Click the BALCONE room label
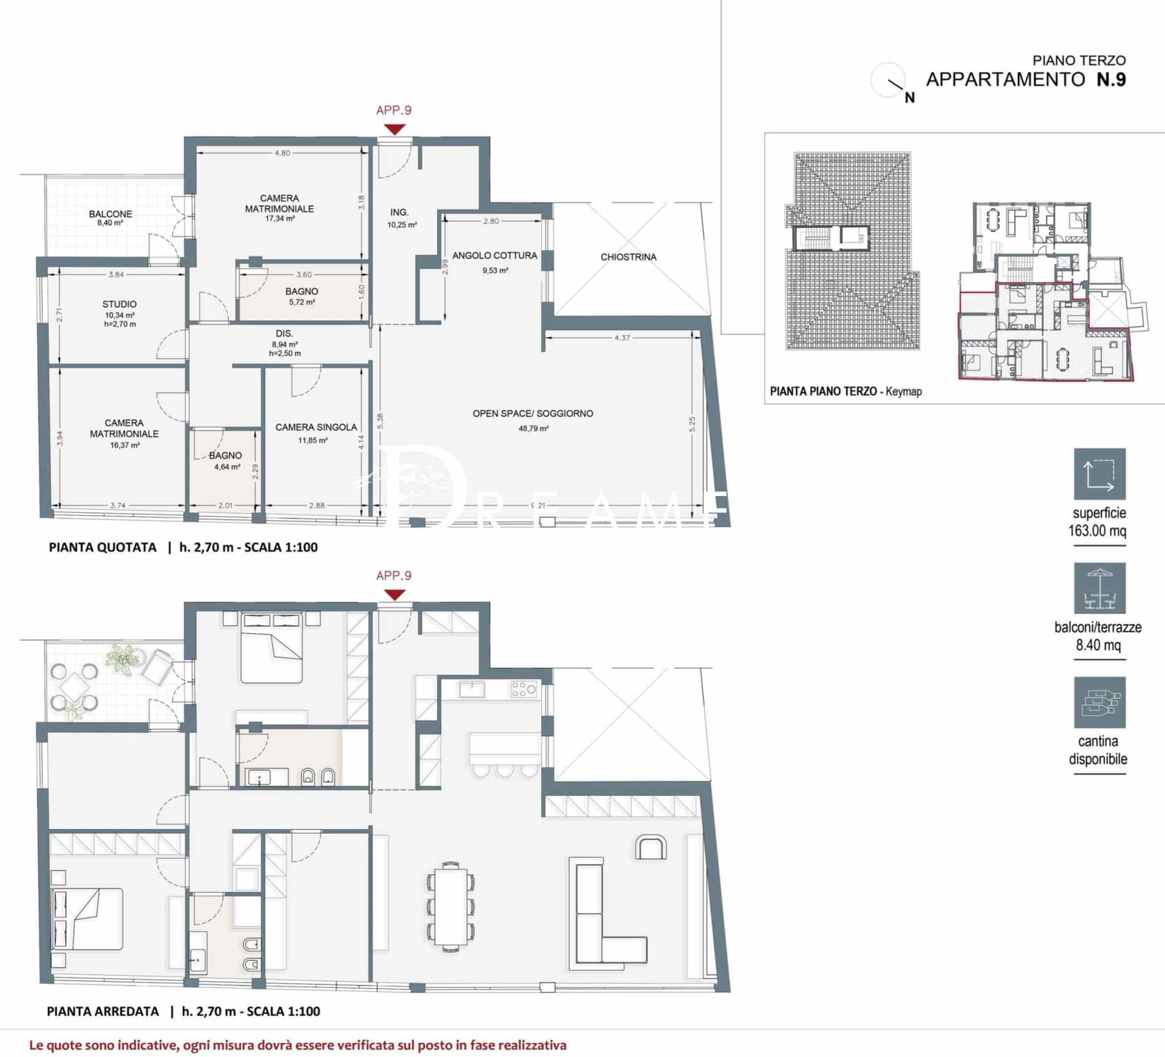(x=110, y=214)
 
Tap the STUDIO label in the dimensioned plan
(x=119, y=304)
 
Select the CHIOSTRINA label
(x=628, y=257)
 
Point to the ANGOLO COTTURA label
(x=495, y=255)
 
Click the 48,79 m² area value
(x=534, y=428)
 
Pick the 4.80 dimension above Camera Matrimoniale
(x=282, y=153)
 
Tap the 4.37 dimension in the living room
(x=622, y=337)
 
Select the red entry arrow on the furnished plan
(x=394, y=595)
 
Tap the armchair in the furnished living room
(x=651, y=847)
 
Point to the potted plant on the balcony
(x=123, y=659)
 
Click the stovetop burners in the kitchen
(x=523, y=688)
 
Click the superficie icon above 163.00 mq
(x=1100, y=474)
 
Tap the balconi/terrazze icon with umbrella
(x=1100, y=588)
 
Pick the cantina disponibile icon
(x=1100, y=702)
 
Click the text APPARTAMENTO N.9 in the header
(x=1026, y=80)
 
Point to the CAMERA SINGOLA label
(x=316, y=427)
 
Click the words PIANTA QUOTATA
(x=102, y=547)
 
